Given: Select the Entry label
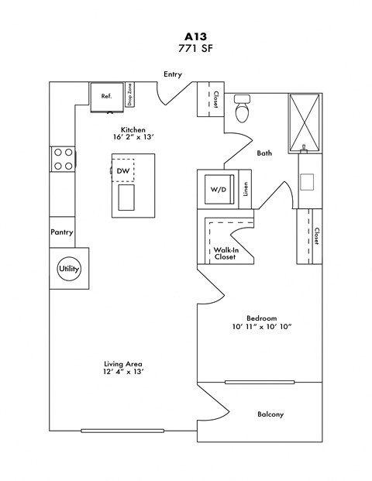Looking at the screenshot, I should click(x=172, y=74).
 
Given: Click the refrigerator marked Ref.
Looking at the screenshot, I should click(x=106, y=96).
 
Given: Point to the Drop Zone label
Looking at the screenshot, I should click(x=130, y=96).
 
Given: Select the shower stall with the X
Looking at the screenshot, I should click(x=305, y=120).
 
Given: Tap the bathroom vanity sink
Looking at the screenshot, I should click(x=307, y=182).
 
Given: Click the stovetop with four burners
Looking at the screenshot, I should click(x=64, y=159).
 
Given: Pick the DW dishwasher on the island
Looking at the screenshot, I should click(x=123, y=170).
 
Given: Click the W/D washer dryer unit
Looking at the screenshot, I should click(x=217, y=190).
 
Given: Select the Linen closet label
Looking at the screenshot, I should click(x=246, y=190).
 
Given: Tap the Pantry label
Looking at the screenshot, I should click(x=62, y=232).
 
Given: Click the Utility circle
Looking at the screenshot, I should click(x=69, y=269).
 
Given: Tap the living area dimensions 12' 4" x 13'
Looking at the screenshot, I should click(x=122, y=371).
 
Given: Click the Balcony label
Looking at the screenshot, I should click(x=270, y=414).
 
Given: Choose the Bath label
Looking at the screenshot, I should click(x=264, y=153).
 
